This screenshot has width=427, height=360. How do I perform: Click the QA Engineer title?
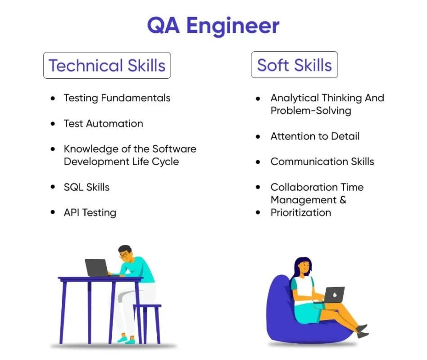tap(213, 26)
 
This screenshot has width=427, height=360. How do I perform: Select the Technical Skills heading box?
tap(107, 65)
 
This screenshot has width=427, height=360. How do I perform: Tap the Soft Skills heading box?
tap(294, 65)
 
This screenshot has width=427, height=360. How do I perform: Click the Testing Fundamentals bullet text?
tap(117, 98)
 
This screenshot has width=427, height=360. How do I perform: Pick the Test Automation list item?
tap(103, 123)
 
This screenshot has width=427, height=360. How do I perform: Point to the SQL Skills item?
tap(86, 187)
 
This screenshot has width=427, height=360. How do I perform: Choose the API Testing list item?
tap(90, 212)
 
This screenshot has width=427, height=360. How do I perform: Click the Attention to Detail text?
tap(315, 136)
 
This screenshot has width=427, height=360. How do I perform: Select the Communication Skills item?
tap(322, 162)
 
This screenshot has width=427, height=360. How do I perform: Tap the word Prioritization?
tap(300, 212)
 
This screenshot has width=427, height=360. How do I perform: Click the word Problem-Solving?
tap(310, 110)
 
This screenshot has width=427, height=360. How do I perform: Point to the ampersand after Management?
tap(343, 200)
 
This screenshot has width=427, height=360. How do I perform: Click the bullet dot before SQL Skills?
tap(54, 187)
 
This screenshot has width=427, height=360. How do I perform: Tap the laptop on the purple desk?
tap(97, 267)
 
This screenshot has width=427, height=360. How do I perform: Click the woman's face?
tap(305, 267)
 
